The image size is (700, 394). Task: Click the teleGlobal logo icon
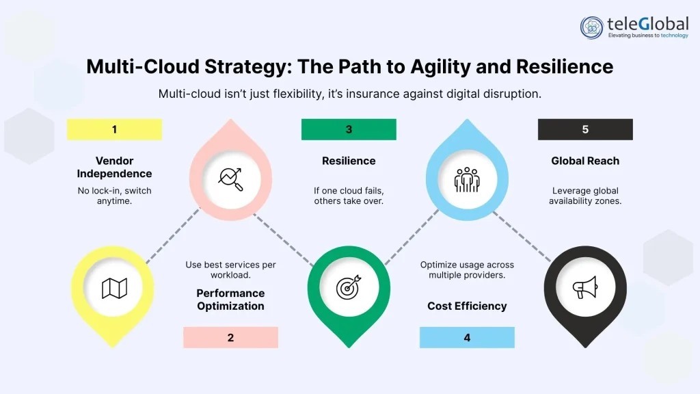tap(592, 27)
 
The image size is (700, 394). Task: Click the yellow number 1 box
tap(114, 129)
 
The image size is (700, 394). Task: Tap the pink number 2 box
tap(230, 337)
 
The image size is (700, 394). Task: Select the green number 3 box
tap(349, 129)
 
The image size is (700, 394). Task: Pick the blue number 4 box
tap(467, 337)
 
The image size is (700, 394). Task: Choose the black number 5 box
tap(585, 129)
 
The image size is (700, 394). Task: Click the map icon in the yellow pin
tap(114, 288)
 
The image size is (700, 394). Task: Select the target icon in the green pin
tap(349, 288)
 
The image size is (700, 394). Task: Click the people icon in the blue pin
tap(467, 179)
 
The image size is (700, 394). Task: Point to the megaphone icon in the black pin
tap(584, 288)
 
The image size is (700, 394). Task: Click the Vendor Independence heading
tap(114, 167)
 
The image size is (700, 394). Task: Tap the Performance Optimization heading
tap(230, 300)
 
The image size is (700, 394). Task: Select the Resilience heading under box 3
tap(349, 161)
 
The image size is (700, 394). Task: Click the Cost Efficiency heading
tap(467, 306)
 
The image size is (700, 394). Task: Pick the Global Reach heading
tap(585, 161)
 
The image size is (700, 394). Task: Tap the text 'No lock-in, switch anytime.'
tap(114, 196)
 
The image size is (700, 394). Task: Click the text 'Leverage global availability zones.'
tap(585, 196)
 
